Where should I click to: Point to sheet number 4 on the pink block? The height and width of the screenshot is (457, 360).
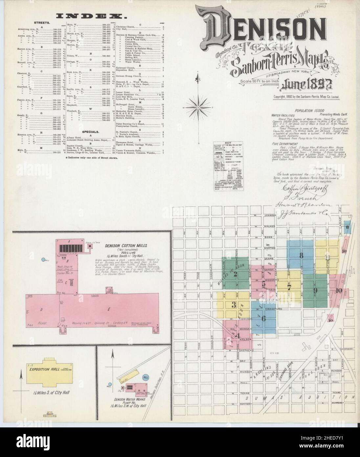(238, 335)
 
